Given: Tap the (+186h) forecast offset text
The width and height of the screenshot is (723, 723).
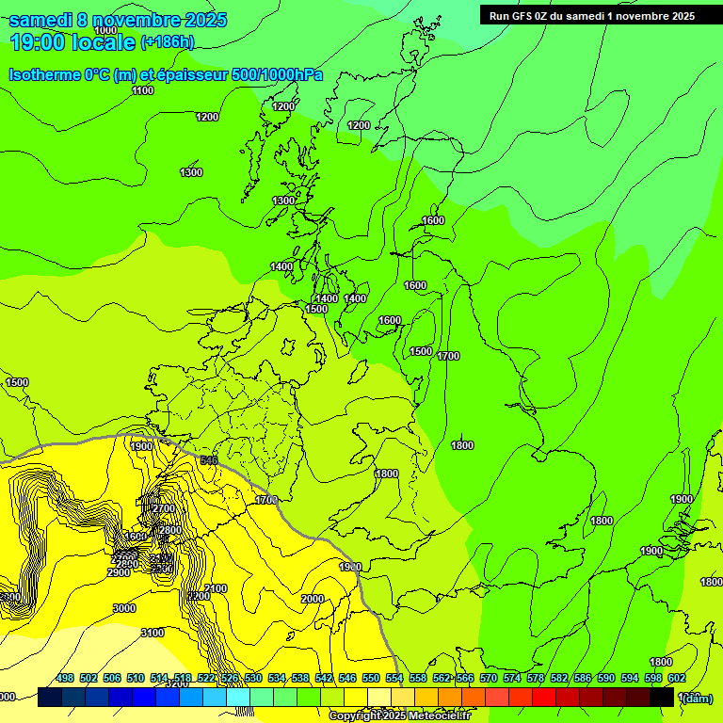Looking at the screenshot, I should coord(167,41).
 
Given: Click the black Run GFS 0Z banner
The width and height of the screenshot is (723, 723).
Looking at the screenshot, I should coord(592,15).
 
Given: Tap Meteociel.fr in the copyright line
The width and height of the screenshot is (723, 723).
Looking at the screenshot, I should coord(440,715).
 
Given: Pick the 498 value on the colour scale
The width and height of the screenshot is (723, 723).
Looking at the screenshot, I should coord(65,678).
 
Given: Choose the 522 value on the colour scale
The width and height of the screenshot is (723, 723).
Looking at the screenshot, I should coord(206,678).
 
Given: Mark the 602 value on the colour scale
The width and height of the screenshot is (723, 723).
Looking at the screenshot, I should coord(677,678).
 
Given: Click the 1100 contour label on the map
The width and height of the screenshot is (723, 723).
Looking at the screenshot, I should coord(143,90).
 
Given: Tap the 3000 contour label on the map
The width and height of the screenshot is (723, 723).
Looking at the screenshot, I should coord(124,608).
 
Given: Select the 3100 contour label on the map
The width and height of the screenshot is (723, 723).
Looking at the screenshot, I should coord(153,633).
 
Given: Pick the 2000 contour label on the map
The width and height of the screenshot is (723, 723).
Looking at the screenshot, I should coord(313,599).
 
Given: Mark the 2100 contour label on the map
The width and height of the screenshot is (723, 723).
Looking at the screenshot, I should coord(216,588).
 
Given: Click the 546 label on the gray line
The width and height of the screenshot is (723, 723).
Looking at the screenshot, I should coord(209,460).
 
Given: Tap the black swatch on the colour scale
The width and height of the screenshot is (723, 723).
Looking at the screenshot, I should coord(662,697).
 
